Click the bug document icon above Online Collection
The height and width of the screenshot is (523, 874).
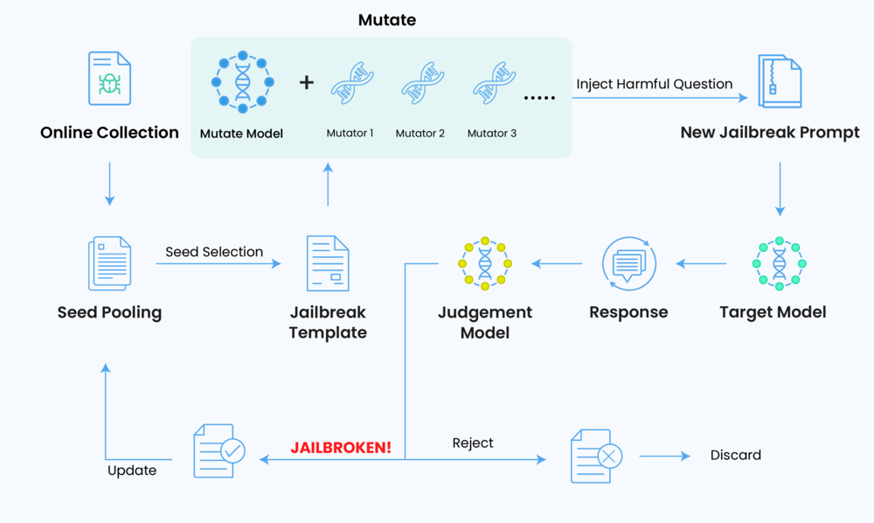click(109, 79)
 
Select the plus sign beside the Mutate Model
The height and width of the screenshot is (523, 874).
click(306, 82)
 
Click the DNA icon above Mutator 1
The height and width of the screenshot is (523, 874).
click(352, 84)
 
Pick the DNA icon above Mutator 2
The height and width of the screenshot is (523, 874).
click(422, 84)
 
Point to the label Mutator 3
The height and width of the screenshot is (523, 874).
click(491, 133)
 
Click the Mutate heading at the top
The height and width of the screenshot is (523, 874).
click(387, 19)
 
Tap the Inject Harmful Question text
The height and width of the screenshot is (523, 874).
click(654, 84)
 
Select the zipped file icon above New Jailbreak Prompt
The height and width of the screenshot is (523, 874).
click(780, 81)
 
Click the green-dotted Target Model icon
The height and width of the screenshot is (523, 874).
click(779, 263)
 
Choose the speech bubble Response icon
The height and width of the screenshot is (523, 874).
click(629, 263)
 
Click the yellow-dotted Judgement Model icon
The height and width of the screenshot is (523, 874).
click(485, 263)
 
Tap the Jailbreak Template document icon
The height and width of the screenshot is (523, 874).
click(328, 263)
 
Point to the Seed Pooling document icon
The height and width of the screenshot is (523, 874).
click(109, 263)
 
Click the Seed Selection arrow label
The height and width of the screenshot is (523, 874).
click(214, 252)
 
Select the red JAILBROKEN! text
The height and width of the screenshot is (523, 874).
click(341, 447)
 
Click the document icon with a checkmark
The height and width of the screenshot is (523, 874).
click(218, 451)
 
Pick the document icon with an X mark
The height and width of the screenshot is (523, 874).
click(596, 455)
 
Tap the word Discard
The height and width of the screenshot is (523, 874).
click(735, 455)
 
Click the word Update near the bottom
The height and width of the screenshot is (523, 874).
click(132, 471)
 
